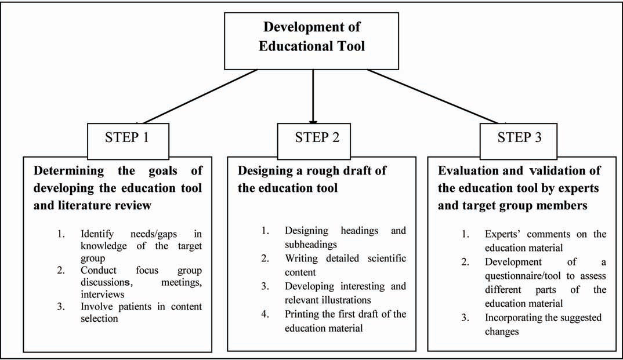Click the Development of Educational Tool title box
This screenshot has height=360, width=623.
[x=314, y=36]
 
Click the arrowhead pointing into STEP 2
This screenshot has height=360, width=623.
[x=314, y=121]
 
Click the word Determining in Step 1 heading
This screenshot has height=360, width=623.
[x=70, y=171]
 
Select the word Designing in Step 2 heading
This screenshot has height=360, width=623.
[x=266, y=171]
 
